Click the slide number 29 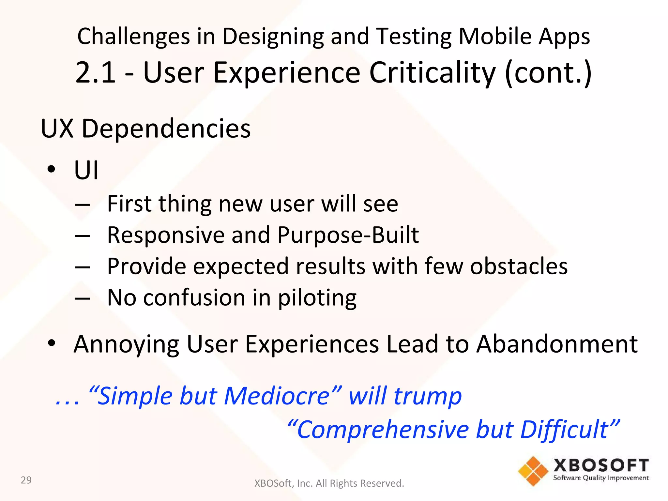click(x=26, y=480)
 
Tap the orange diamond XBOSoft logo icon click(x=533, y=471)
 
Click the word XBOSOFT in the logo click(x=601, y=465)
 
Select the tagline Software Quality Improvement click(x=601, y=478)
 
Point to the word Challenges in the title click(x=133, y=37)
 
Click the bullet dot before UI click(x=51, y=169)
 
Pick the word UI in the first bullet click(x=86, y=170)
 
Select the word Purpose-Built click(x=348, y=235)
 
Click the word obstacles click(x=519, y=266)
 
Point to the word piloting click(x=317, y=298)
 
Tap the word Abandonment click(x=556, y=344)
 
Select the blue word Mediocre click(x=277, y=396)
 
